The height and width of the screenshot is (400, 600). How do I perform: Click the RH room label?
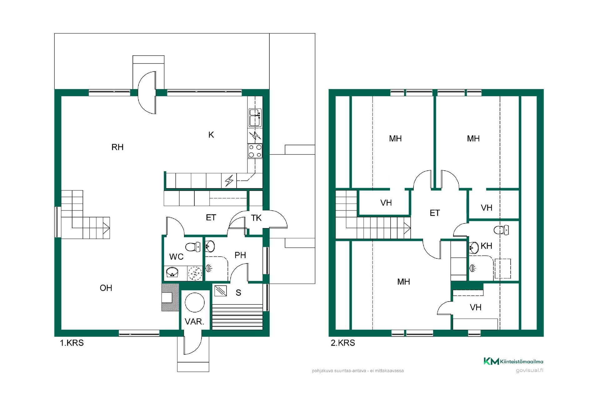point(117,147)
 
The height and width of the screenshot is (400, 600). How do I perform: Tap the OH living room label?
point(106,288)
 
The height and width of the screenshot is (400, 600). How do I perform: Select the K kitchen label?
point(211,135)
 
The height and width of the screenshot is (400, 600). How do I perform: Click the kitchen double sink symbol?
point(255,117)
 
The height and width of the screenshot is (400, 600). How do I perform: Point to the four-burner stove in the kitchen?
point(255,151)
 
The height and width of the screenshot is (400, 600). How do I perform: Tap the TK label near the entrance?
point(256,218)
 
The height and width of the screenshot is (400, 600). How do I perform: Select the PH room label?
point(240,255)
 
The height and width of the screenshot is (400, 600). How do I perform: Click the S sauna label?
point(238,292)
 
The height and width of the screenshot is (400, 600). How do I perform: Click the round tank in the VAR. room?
point(195,302)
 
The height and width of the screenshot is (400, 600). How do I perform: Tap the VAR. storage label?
point(194,321)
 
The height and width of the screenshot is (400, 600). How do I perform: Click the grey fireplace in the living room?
point(170,297)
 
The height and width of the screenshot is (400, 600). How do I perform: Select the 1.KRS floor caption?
point(72,343)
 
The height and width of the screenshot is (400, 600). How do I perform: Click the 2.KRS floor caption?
point(343,343)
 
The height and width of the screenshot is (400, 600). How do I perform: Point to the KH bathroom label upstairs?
point(487,246)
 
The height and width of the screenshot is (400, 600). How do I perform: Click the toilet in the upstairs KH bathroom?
point(501,230)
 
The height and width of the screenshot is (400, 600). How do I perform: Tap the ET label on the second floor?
point(435,213)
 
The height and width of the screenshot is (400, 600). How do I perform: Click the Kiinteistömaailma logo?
point(513,361)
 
